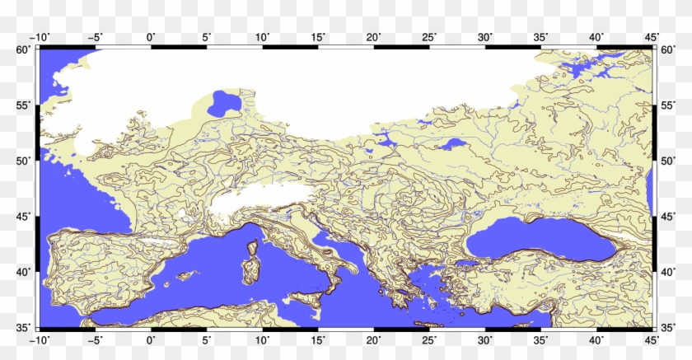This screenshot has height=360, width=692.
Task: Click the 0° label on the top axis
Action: (x=151, y=37)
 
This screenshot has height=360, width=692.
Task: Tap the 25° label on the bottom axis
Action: (x=429, y=339)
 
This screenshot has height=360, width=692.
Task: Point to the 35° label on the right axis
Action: (x=667, y=327)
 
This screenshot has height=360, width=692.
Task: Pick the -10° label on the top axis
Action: (x=38, y=37)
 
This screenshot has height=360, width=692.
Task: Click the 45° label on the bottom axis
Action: (x=652, y=339)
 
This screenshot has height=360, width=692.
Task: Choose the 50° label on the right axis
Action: (x=667, y=161)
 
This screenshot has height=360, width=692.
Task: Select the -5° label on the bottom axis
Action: (x=94, y=339)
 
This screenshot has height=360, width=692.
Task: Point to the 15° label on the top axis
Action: (x=318, y=37)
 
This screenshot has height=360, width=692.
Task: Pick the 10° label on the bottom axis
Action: (x=262, y=339)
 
